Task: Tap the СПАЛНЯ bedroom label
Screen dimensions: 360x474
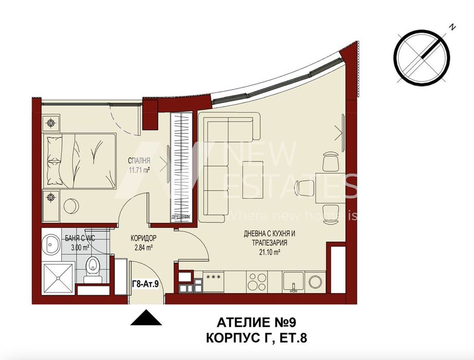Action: (139, 160)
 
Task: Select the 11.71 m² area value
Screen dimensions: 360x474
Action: (139, 169)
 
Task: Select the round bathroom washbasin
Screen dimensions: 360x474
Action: (51, 243)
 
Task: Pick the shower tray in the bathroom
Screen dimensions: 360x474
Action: (58, 279)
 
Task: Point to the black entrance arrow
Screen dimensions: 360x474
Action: (147, 318)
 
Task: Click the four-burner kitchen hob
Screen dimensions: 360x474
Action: (256, 281)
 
